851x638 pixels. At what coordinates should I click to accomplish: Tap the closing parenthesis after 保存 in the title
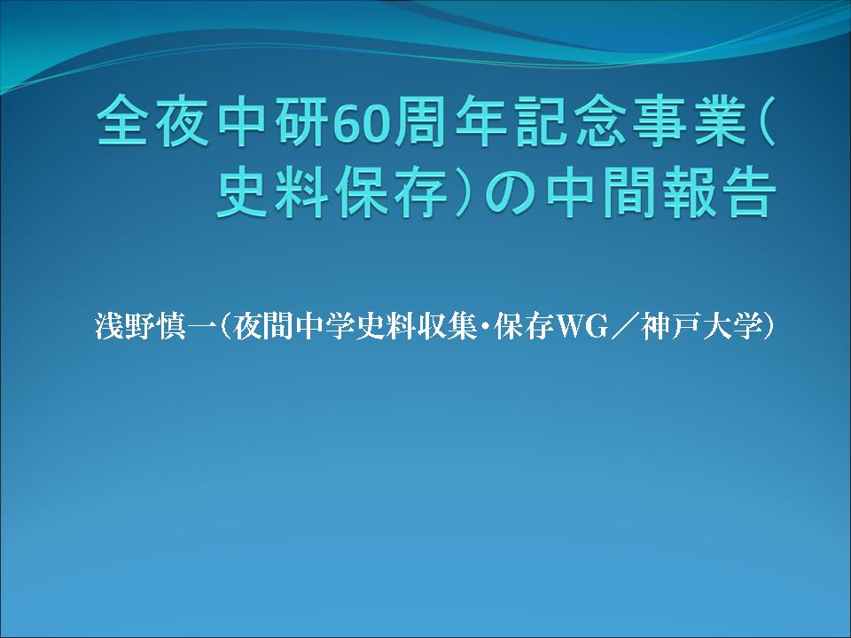463,192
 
